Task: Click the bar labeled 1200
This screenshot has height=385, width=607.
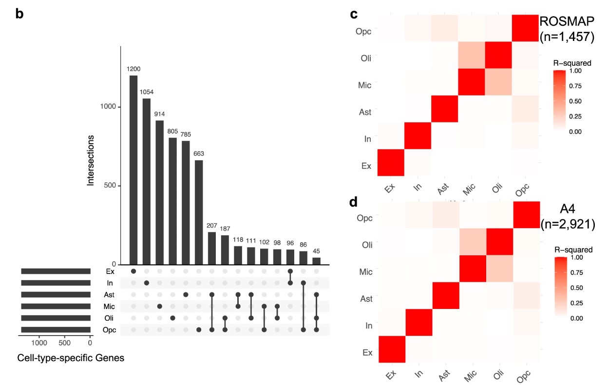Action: pyautogui.click(x=133, y=170)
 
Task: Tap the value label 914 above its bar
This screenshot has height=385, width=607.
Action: pyautogui.click(x=159, y=114)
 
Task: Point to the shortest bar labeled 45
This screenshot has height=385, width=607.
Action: pyautogui.click(x=317, y=261)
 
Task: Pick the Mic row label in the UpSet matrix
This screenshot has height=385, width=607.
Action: pyautogui.click(x=109, y=307)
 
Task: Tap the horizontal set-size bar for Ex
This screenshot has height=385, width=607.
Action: pyautogui.click(x=56, y=271)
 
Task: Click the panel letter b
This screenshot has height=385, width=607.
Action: pyautogui.click(x=19, y=13)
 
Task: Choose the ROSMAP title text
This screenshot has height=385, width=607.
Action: pyautogui.click(x=567, y=21)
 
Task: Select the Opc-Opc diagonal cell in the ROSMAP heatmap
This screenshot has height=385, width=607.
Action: pyautogui.click(x=525, y=28)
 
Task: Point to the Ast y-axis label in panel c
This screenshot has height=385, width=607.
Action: pyautogui.click(x=364, y=112)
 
